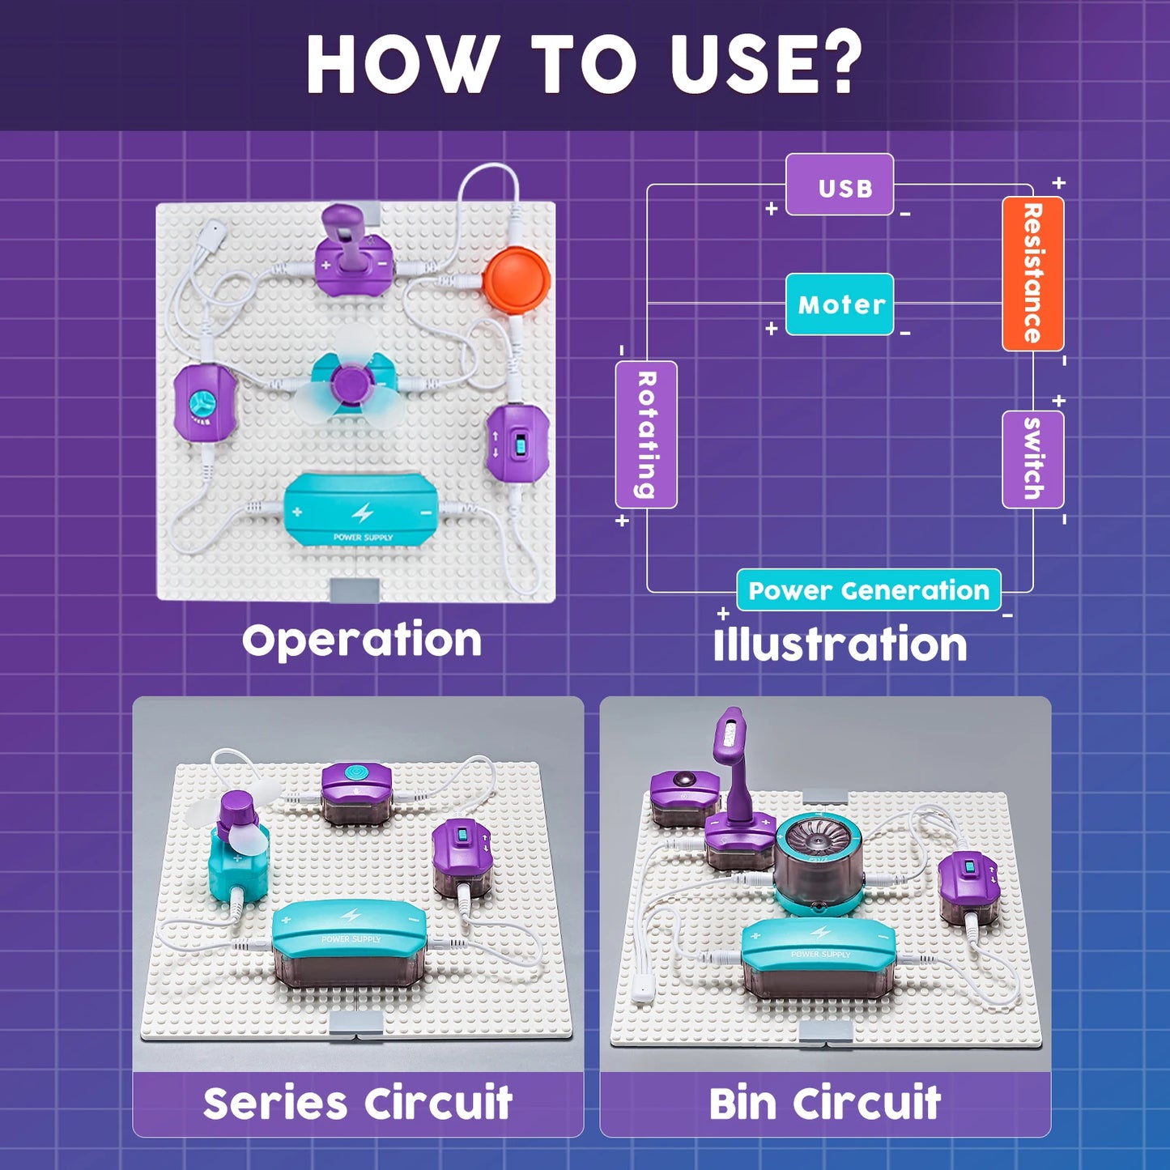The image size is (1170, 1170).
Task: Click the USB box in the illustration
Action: tap(840, 185)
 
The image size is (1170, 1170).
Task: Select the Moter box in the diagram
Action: tap(840, 304)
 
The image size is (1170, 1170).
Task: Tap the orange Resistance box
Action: tap(1032, 274)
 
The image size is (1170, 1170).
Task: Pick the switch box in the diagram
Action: tap(1032, 459)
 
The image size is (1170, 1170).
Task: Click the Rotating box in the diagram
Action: tap(646, 435)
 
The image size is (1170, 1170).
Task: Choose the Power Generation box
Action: tap(868, 590)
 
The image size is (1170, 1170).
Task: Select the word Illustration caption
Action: tap(840, 645)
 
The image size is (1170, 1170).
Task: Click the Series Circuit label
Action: tap(358, 1103)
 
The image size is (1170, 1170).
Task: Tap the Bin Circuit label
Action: tap(824, 1103)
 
